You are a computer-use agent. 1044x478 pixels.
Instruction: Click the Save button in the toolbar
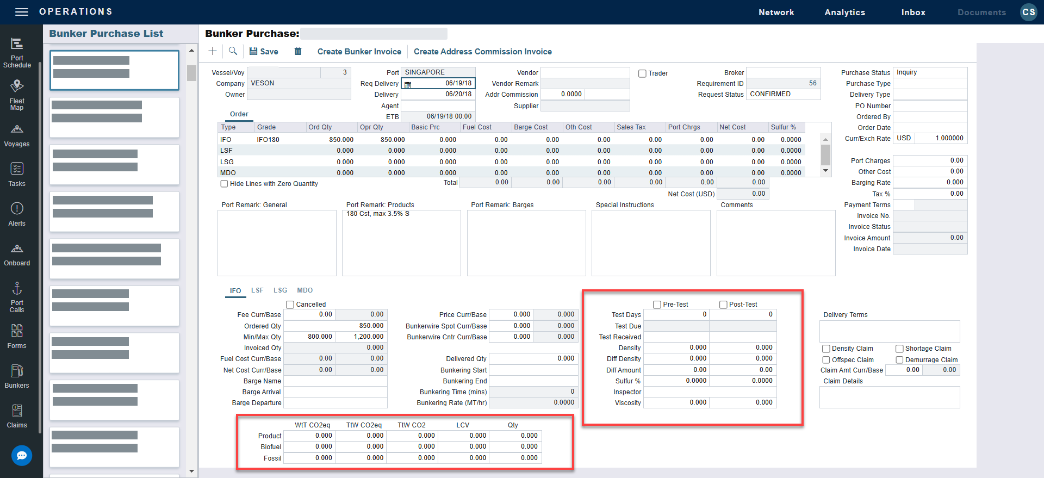(x=264, y=52)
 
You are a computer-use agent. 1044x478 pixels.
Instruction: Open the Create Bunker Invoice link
(x=359, y=52)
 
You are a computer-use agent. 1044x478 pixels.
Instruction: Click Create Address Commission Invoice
(x=482, y=52)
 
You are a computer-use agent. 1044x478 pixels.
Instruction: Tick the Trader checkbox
(x=642, y=73)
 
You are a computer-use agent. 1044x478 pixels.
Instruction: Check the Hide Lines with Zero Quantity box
(x=224, y=184)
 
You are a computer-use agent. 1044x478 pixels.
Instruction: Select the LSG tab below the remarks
(x=280, y=290)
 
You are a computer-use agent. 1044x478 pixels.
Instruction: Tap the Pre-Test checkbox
(x=657, y=305)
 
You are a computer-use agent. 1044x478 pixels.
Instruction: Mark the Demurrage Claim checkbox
(x=899, y=360)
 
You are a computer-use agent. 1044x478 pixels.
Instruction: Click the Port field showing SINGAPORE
(x=438, y=72)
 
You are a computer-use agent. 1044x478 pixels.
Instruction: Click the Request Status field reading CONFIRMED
(x=783, y=94)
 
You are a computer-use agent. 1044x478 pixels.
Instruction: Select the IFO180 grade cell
(x=268, y=140)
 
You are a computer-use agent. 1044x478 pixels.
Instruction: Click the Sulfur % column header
(x=783, y=127)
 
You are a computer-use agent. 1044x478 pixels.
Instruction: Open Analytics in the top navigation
(x=844, y=13)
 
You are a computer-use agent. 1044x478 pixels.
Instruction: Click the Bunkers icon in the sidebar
(x=17, y=376)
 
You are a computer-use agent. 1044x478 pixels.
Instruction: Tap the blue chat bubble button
(x=22, y=456)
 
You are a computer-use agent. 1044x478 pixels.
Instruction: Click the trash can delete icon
(x=298, y=51)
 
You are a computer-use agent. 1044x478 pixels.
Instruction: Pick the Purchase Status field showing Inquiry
(x=930, y=72)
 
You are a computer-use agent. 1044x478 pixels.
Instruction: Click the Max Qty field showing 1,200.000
(x=361, y=337)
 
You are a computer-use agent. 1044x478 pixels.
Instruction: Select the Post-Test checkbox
(x=723, y=305)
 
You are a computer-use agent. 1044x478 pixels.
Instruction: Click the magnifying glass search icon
(x=233, y=51)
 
